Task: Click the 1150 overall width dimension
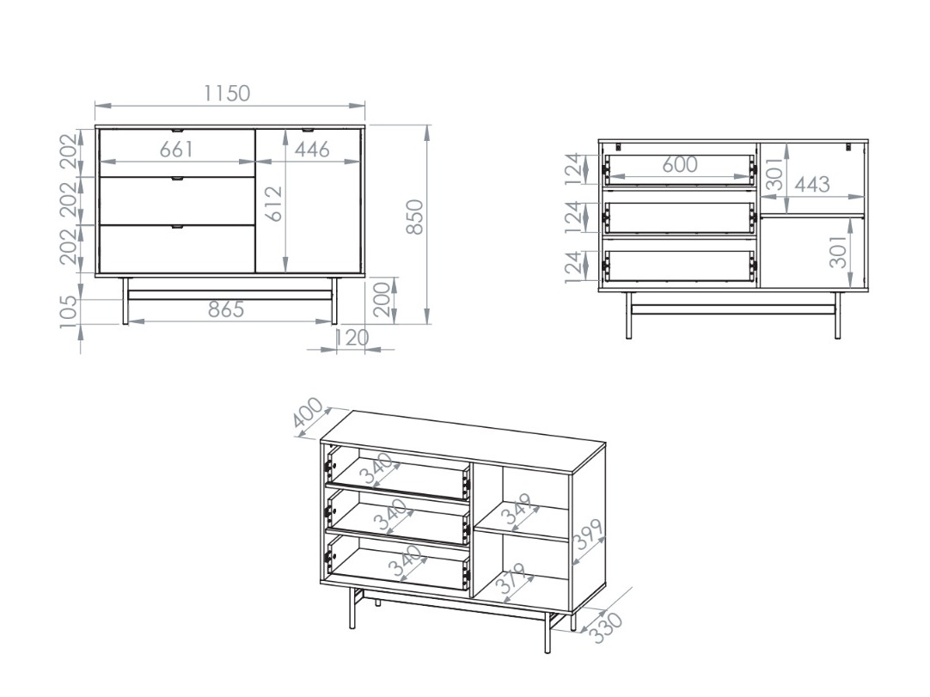coord(227,93)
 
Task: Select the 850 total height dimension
coord(414,217)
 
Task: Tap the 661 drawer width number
coord(176,149)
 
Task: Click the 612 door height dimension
coord(273,205)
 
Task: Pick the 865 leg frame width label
coord(226,309)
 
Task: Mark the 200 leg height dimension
coord(384,299)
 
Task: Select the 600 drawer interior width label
coord(679,164)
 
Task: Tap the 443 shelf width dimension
coord(811,184)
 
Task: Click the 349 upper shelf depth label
coord(520,511)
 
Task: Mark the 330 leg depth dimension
coord(607,627)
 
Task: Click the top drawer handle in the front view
coord(176,131)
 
